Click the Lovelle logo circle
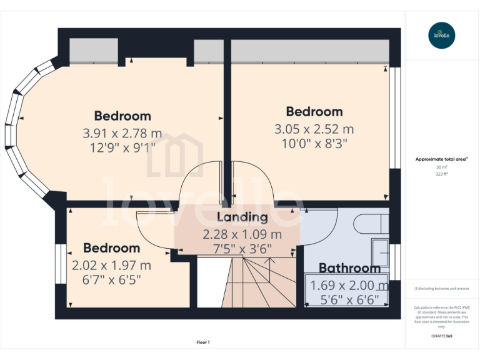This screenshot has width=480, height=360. tap(442, 35)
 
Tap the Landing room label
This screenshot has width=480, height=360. tap(242, 217)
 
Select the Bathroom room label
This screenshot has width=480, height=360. tap(349, 268)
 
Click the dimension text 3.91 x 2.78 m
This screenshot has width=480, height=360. tap(122, 133)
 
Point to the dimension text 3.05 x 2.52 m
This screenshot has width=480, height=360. tap(314, 129)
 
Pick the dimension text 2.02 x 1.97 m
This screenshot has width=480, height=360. tap(111, 265)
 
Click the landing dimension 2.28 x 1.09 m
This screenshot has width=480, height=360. tap(242, 235)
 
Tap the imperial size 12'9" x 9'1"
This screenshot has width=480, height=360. tap(122, 148)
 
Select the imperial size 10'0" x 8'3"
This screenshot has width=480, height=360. tap(314, 144)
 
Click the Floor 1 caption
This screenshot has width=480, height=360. tap(203, 342)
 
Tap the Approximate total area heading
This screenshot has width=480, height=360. tap(442, 159)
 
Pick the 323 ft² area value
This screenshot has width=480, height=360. tap(442, 174)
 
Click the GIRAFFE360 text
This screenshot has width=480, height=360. tap(442, 336)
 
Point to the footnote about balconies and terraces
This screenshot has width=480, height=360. tap(442, 289)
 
